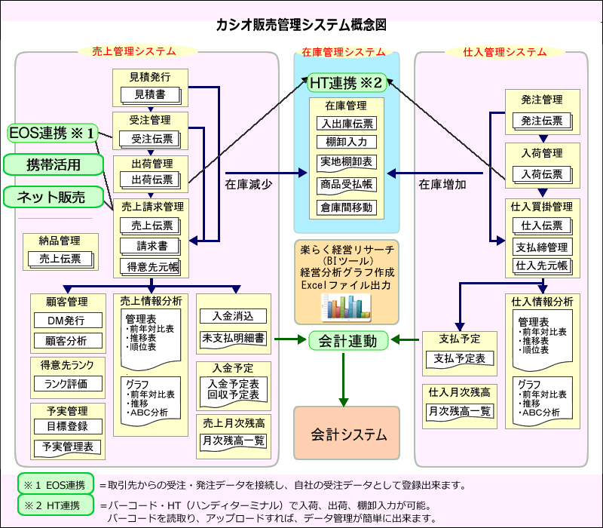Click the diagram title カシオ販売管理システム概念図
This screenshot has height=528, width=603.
point(301,25)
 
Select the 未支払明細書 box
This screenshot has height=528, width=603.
point(233,339)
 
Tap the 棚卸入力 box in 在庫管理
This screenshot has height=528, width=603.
point(347,143)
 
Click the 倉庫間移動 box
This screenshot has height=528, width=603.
point(347,207)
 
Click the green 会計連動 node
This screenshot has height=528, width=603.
point(347,340)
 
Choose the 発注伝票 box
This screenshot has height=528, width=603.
point(542,120)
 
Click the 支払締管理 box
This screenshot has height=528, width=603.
point(542,247)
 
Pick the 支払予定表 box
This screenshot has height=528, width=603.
point(460,358)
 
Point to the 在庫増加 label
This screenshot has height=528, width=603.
point(442,183)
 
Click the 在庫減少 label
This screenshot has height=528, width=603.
point(248,183)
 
